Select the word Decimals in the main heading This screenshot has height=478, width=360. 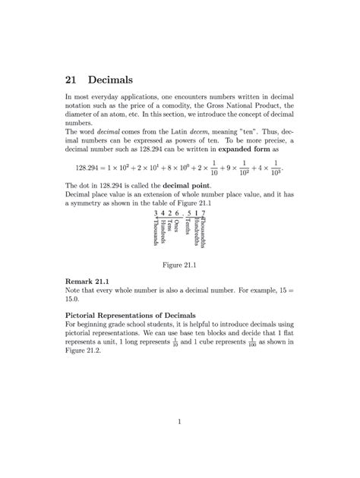coord(111,79)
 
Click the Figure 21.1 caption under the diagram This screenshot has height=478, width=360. coord(179,266)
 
